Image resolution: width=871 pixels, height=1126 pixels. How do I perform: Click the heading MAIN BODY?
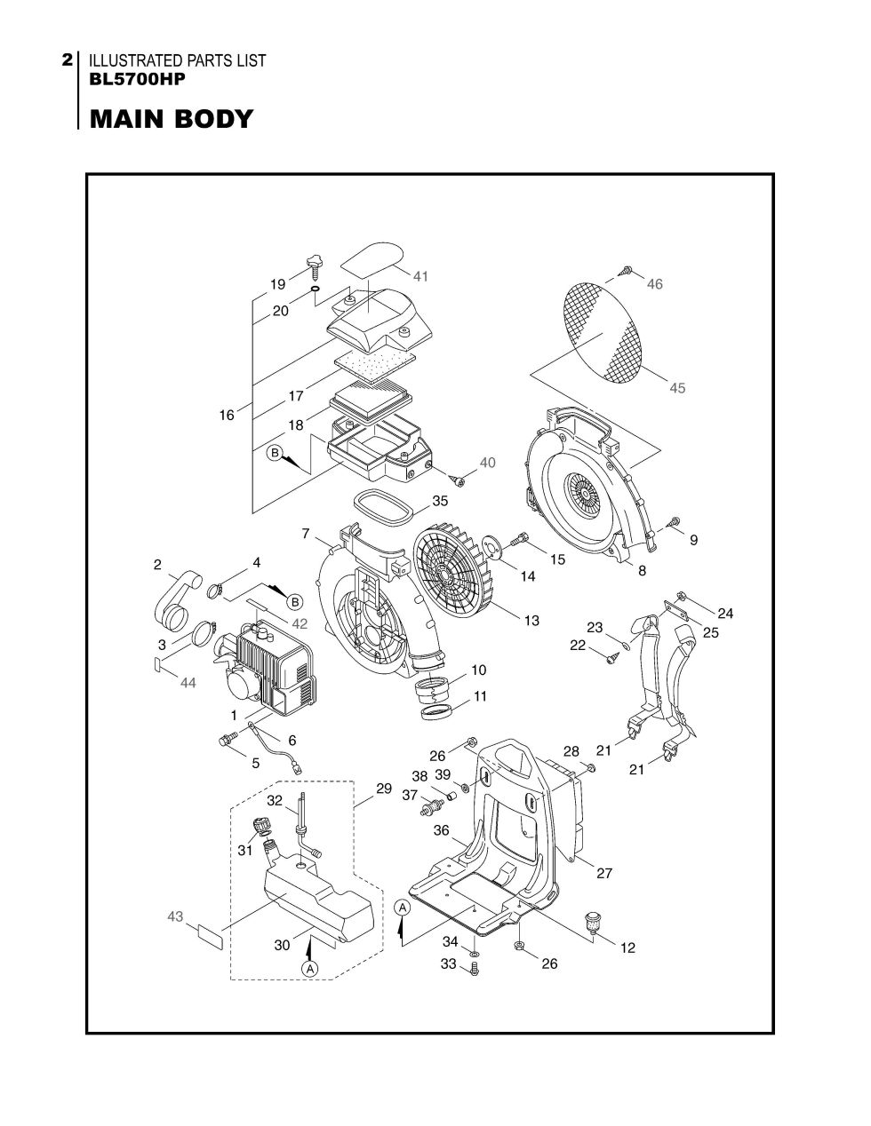[x=171, y=119]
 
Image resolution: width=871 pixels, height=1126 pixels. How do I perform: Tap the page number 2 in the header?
[x=68, y=60]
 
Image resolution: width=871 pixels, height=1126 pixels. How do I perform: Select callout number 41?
[x=420, y=276]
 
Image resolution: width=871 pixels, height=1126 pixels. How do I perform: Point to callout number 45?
[x=677, y=388]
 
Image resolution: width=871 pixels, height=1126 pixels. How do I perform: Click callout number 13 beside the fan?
[x=531, y=621]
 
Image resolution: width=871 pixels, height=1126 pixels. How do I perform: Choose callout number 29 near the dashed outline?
[x=384, y=789]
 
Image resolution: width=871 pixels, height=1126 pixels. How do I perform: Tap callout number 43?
[x=175, y=916]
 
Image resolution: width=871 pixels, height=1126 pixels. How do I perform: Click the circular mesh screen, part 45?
[x=605, y=333]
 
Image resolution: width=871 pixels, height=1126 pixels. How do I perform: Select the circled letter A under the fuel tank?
[x=309, y=968]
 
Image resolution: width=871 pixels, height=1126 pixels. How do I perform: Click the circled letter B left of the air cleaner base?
[x=276, y=454]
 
